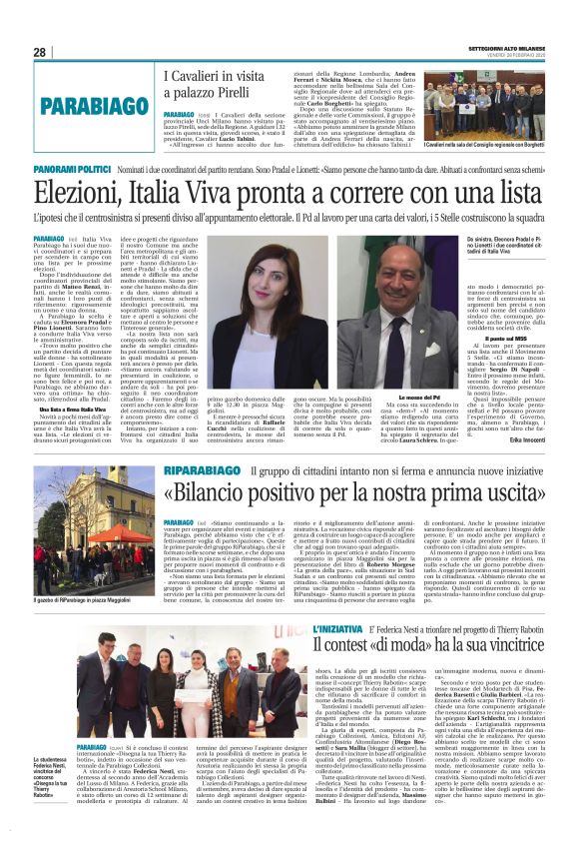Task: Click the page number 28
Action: coord(40,51)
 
